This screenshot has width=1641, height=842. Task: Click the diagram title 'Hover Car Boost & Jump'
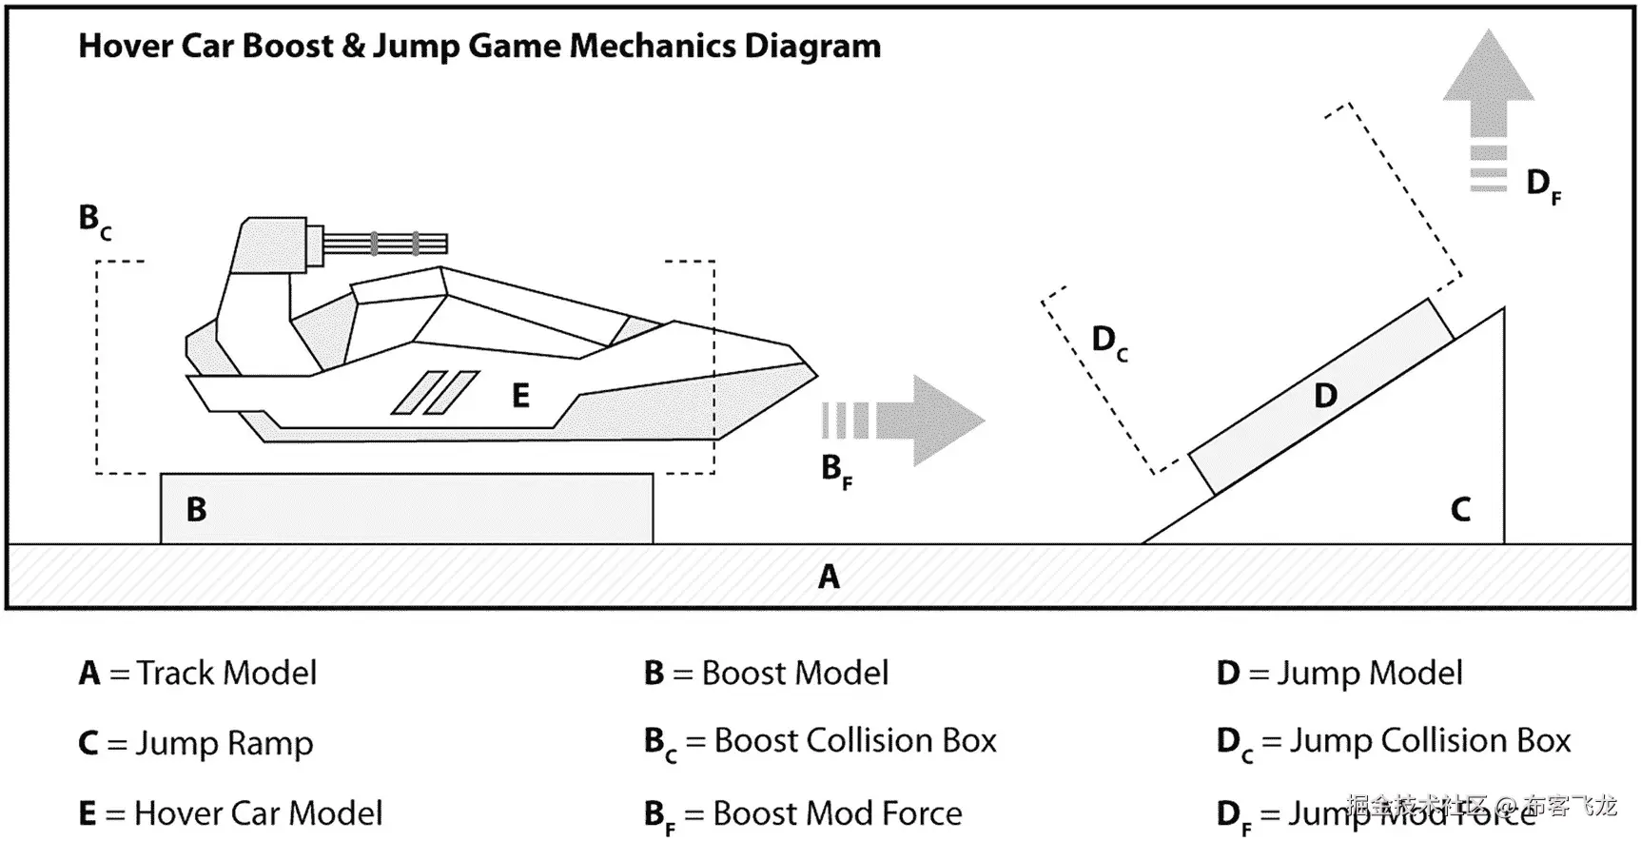(479, 46)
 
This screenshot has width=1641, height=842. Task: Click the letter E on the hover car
(520, 396)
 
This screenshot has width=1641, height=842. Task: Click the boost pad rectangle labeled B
(407, 509)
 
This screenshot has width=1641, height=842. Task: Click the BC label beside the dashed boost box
(94, 221)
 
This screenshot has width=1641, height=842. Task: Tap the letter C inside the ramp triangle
(1460, 510)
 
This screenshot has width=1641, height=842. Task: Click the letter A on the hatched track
(829, 577)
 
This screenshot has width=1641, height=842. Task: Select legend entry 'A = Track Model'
(198, 674)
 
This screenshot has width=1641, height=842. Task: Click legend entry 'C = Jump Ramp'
(196, 743)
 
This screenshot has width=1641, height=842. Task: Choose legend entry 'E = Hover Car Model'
(231, 813)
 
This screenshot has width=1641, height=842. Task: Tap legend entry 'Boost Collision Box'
(821, 742)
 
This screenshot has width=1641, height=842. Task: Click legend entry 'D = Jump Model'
(1339, 674)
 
